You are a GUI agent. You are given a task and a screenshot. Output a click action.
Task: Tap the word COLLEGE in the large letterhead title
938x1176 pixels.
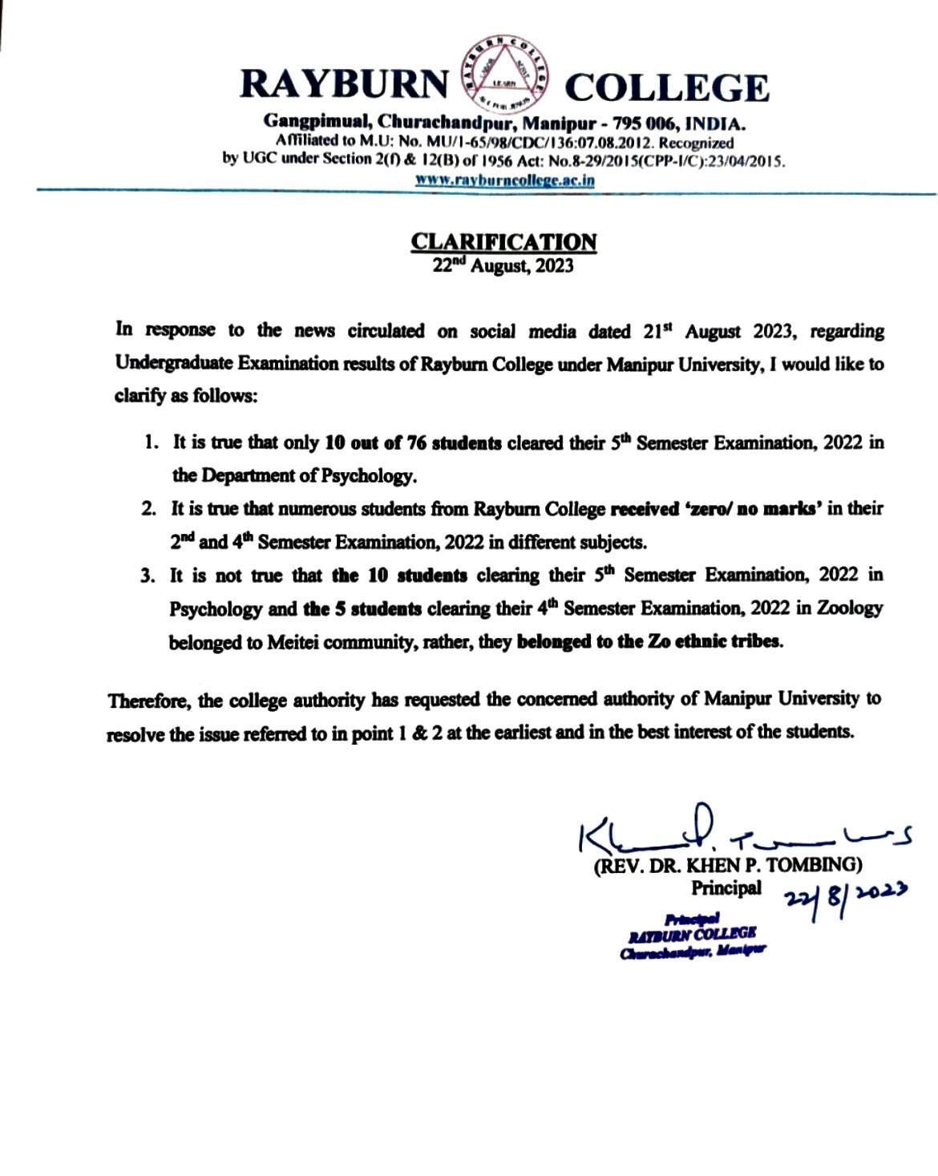(x=667, y=87)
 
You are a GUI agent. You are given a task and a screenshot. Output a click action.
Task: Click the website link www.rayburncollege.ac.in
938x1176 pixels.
(x=504, y=180)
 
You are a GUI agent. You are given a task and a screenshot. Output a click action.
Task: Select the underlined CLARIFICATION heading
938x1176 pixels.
(x=503, y=241)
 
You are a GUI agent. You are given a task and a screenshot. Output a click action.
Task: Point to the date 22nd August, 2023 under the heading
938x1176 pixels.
(x=503, y=266)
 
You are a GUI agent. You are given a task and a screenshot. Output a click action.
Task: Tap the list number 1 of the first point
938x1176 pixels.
(x=150, y=443)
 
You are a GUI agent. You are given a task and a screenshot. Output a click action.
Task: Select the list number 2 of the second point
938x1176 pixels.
(x=148, y=509)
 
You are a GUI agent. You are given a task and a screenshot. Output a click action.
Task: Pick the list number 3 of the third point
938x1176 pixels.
(x=148, y=576)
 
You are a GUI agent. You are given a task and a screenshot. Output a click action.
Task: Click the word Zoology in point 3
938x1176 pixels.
(x=850, y=608)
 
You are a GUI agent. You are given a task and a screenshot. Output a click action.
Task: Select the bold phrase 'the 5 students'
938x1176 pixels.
(x=362, y=609)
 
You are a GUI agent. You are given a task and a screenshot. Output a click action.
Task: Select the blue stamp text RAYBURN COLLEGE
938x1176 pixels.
(x=692, y=934)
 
